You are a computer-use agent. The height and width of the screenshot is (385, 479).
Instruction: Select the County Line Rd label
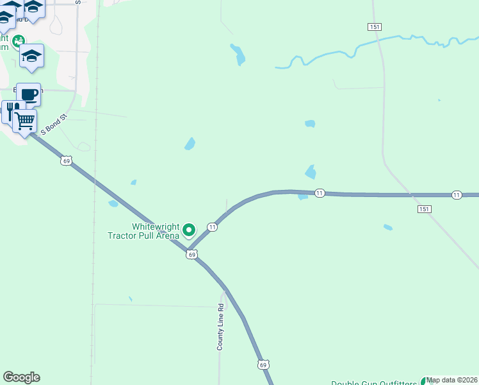(220, 327)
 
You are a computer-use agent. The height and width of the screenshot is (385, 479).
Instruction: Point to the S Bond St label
(54, 126)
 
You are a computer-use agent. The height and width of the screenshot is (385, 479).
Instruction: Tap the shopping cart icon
(25, 120)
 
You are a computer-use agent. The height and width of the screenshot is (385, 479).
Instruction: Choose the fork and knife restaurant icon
(10, 111)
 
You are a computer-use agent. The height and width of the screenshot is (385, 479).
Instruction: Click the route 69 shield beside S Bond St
(67, 160)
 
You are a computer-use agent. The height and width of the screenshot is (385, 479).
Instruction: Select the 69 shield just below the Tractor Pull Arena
(191, 255)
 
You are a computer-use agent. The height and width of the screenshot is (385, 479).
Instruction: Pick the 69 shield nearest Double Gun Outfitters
(263, 364)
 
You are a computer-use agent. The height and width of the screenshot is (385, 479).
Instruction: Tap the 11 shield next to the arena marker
(212, 227)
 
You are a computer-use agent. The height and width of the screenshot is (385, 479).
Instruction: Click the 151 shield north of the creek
(375, 26)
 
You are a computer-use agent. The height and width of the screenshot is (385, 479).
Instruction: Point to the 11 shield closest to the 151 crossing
(456, 194)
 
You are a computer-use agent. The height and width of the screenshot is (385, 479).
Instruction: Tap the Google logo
(21, 377)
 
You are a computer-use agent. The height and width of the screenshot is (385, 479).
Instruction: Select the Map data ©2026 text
(452, 380)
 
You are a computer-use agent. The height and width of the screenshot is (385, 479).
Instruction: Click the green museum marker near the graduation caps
(19, 41)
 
